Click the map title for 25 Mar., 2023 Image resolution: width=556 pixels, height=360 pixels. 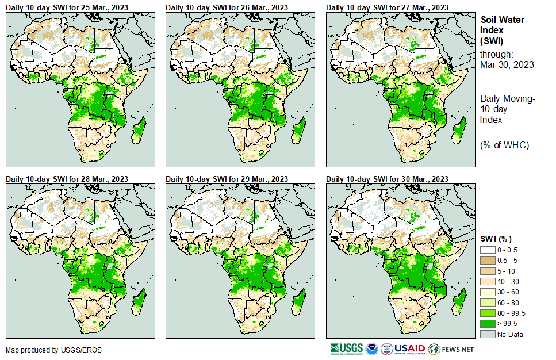click(67, 7)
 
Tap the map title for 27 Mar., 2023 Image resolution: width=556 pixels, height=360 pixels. click(388, 7)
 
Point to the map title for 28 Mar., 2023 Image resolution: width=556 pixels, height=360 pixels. click(67, 179)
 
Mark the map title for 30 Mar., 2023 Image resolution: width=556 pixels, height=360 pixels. click(388, 179)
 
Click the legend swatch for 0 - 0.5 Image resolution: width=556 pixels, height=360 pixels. click(487, 249)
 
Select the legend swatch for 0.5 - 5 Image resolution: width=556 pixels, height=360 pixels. click(487, 259)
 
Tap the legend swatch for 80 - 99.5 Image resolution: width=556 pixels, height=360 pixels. click(487, 313)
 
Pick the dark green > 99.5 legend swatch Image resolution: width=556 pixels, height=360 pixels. click(487, 324)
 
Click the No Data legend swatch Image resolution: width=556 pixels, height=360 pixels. click(487, 334)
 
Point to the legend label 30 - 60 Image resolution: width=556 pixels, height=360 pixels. click(508, 292)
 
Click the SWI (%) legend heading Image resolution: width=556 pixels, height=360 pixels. click(496, 239)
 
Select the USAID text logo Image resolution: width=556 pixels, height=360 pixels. click(409, 348)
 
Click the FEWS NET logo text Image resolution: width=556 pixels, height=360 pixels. click(458, 349)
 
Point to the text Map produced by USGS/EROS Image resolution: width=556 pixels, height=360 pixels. click(45, 350)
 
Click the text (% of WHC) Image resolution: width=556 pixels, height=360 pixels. click(504, 145)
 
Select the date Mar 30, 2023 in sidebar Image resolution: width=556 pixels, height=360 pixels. click(507, 64)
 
